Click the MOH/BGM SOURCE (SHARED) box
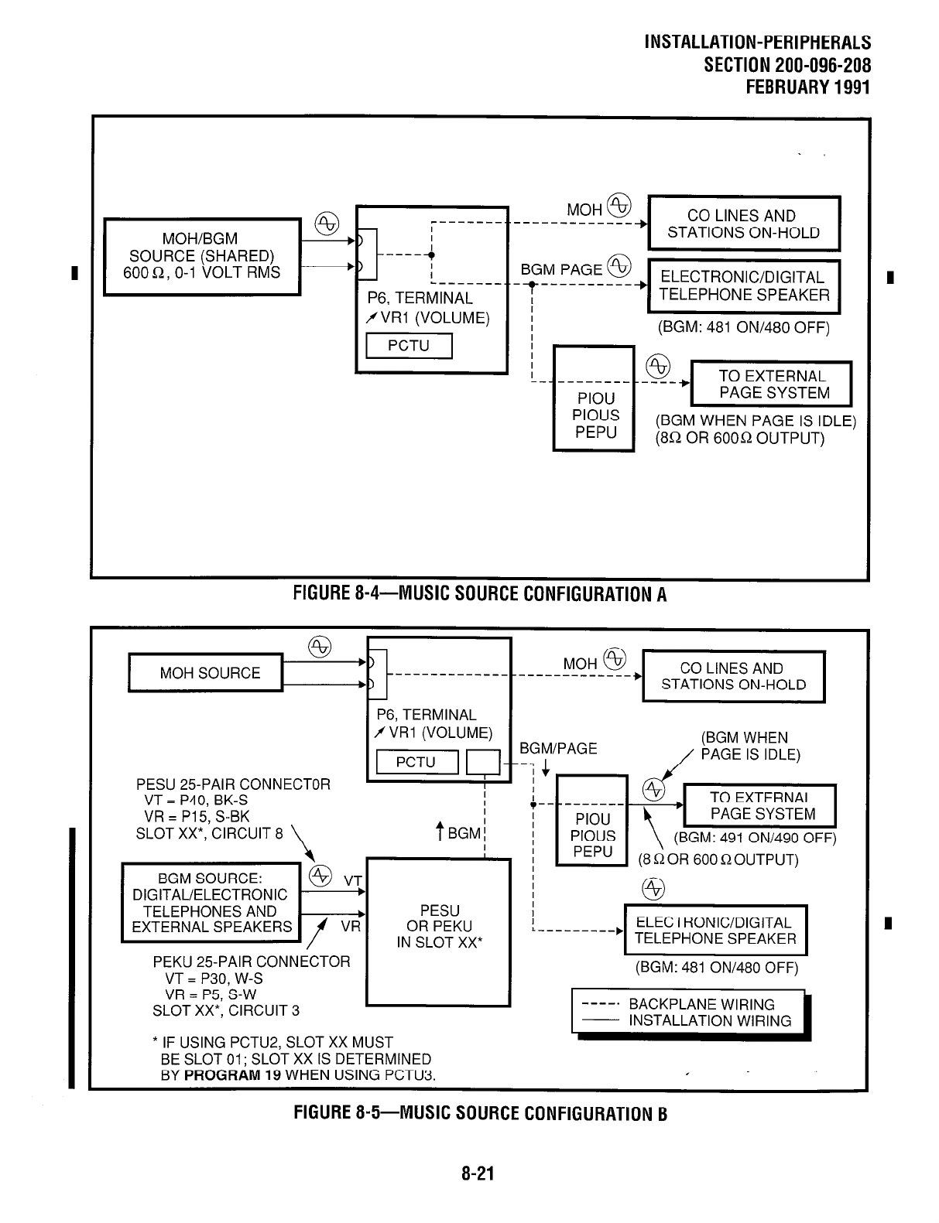click(202, 256)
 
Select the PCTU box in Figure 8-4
click(408, 345)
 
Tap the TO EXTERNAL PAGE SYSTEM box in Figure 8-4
click(771, 384)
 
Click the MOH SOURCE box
click(206, 673)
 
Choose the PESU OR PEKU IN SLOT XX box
click(438, 926)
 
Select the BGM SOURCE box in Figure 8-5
click(211, 902)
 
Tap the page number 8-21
click(478, 1174)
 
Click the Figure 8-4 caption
click(479, 594)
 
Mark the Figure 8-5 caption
click(479, 1113)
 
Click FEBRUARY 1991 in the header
click(807, 87)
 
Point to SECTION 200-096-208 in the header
click(787, 65)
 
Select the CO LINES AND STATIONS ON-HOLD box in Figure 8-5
click(733, 676)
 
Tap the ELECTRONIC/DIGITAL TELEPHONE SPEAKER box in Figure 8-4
click(743, 286)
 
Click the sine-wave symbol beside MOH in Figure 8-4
click(619, 205)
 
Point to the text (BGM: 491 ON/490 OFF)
click(755, 839)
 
